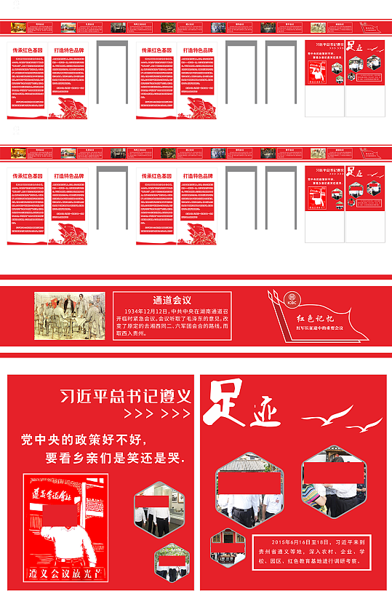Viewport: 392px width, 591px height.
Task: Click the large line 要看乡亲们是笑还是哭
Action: coord(114,459)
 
